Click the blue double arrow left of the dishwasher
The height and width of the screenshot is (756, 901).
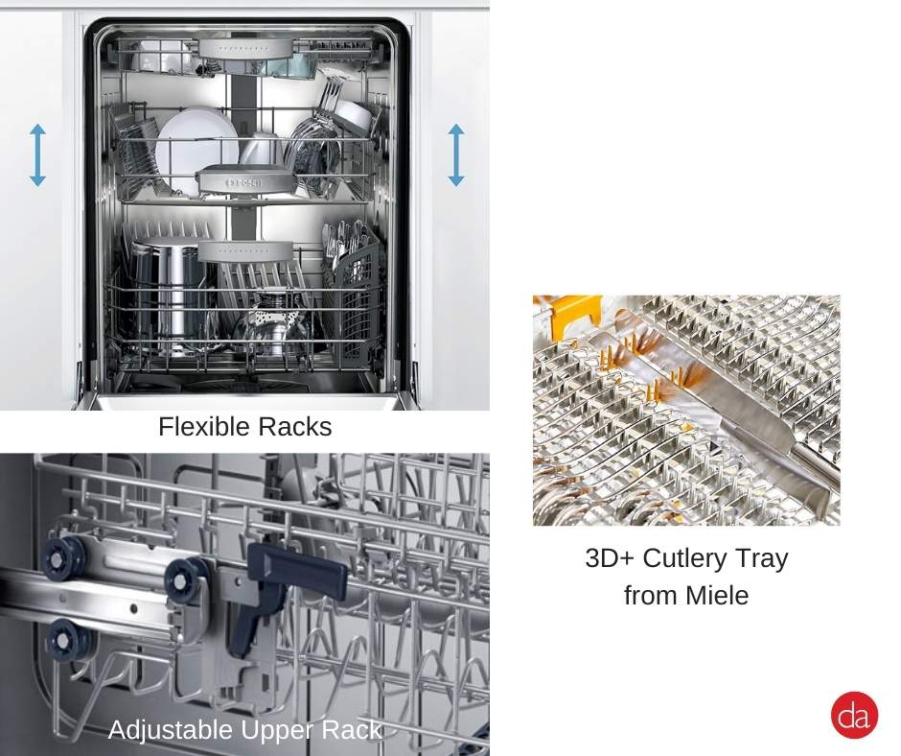pos(37,154)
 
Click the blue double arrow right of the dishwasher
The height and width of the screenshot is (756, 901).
pos(455,154)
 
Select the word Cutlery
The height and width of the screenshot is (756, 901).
pos(688,558)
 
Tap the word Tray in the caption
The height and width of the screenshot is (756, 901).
pos(763,558)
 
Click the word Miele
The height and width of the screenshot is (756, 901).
pos(717,595)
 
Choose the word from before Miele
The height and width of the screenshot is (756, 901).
pos(650,595)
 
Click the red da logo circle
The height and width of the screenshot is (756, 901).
pos(854,715)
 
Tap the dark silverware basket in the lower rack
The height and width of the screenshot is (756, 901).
pos(359,288)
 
